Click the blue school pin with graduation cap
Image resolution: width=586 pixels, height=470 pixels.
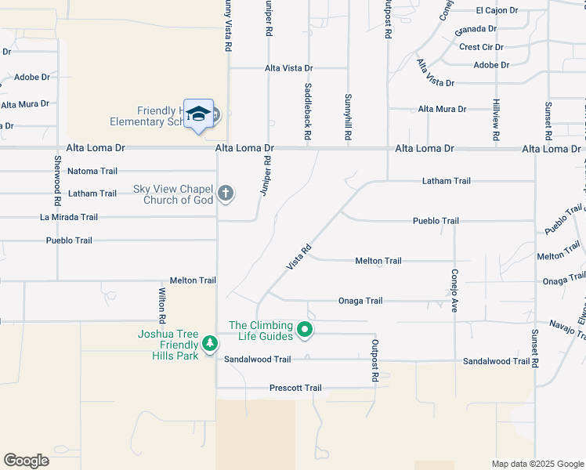pyautogui.click(x=199, y=114)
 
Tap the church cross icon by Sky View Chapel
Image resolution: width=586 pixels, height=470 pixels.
pyautogui.click(x=226, y=193)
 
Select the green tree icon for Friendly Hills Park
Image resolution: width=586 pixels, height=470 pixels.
pyautogui.click(x=209, y=343)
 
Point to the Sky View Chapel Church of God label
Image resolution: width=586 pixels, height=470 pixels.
pyautogui.click(x=173, y=194)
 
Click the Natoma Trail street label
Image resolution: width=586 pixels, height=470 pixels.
pyautogui.click(x=92, y=171)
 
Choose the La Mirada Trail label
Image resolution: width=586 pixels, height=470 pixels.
pyautogui.click(x=69, y=217)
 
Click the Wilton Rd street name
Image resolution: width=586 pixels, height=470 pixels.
pyautogui.click(x=162, y=306)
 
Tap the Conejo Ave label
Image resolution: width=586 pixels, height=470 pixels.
pyautogui.click(x=454, y=291)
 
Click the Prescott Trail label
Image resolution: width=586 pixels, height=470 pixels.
pyautogui.click(x=295, y=388)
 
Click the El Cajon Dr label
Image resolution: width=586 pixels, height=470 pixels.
pyautogui.click(x=497, y=10)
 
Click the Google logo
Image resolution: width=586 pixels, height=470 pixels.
pyautogui.click(x=26, y=461)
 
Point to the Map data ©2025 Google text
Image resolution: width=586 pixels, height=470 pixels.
pyautogui.click(x=537, y=464)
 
